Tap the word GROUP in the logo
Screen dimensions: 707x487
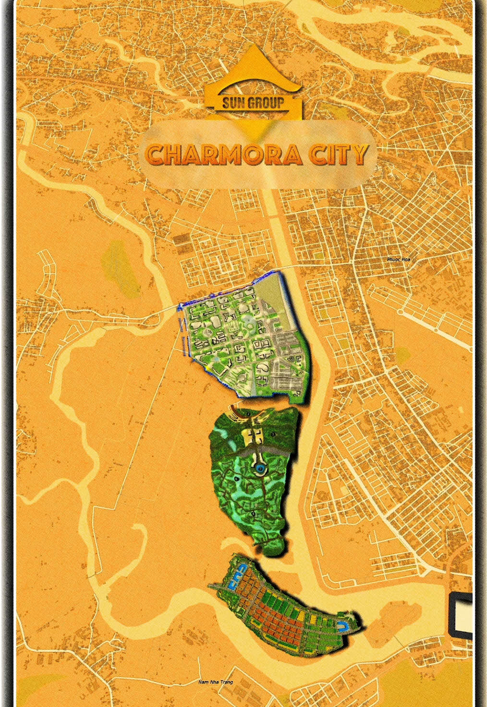tap(266, 102)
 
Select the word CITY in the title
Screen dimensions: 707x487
tap(339, 155)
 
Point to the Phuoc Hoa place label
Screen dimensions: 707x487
tap(399, 259)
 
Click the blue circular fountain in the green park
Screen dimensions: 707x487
tap(260, 468)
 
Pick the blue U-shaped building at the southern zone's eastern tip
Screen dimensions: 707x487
tap(344, 625)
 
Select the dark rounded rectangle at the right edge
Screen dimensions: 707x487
tap(462, 615)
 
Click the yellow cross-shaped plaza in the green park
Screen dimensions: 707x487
tap(255, 435)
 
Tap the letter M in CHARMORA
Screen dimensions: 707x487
tap(244, 155)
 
